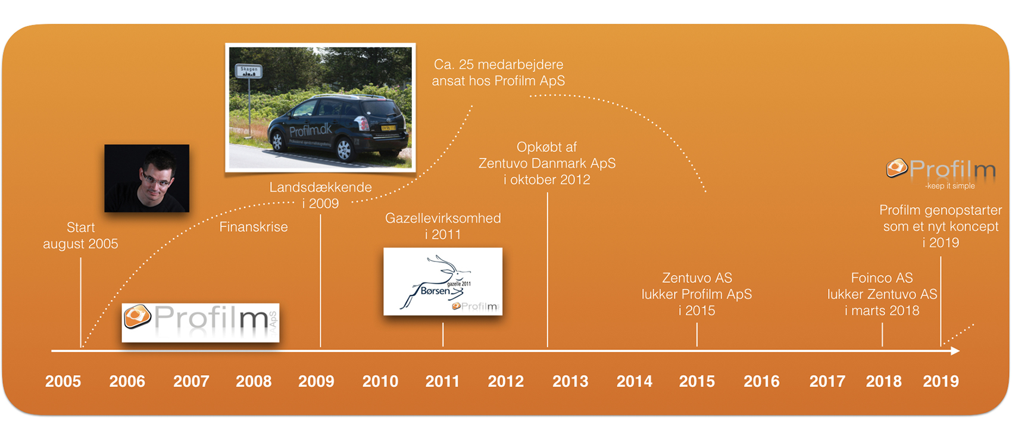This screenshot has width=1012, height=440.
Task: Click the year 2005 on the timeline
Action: click(x=63, y=381)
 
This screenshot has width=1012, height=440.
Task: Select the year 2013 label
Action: click(x=570, y=381)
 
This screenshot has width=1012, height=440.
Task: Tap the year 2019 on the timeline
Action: click(x=941, y=381)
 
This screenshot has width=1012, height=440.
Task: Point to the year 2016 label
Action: click(x=761, y=381)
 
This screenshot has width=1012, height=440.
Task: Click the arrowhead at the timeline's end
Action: click(x=955, y=351)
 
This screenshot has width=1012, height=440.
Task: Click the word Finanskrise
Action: click(x=254, y=227)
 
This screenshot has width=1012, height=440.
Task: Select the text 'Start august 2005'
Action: click(x=80, y=236)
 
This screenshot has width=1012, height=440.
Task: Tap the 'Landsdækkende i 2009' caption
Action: click(x=320, y=195)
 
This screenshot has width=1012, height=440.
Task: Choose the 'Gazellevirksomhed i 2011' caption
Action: click(x=443, y=226)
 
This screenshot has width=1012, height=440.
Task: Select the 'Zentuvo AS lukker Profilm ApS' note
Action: click(x=696, y=294)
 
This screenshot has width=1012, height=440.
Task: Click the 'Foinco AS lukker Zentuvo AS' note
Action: click(x=882, y=294)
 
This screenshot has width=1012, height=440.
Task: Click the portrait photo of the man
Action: click(x=147, y=178)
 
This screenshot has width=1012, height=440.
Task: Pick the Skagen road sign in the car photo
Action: click(x=249, y=71)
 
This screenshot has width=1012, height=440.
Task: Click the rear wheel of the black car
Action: click(x=344, y=149)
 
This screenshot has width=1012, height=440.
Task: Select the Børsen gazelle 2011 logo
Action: click(x=442, y=282)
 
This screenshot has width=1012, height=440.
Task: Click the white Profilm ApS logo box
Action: click(x=201, y=322)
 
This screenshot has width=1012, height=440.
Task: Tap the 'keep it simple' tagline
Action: click(x=950, y=186)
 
